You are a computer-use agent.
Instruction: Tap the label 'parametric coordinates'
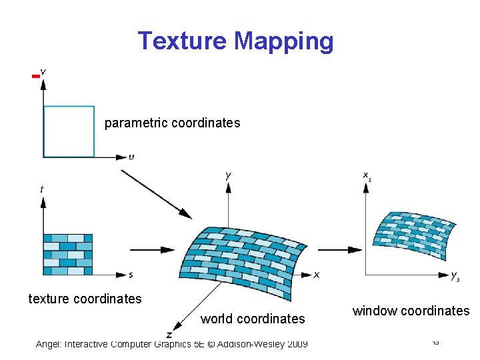coord(172,123)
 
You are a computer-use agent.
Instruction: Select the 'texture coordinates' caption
coord(85,299)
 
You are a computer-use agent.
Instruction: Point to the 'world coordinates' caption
coord(253,319)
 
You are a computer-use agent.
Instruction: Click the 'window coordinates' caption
coord(411,311)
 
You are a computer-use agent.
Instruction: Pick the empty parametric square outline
coord(69,131)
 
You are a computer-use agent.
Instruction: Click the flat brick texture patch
coord(68,254)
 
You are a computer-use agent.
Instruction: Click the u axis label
coord(131,157)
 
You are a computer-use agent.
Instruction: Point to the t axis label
coord(42,189)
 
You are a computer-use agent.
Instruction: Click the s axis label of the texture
coord(131,275)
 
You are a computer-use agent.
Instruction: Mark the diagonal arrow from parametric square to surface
coord(156,193)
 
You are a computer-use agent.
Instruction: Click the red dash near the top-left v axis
coord(35,77)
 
